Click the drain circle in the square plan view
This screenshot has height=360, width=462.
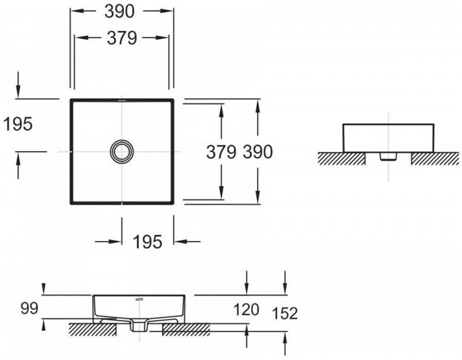coord(122,152)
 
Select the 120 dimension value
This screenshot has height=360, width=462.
coord(247,310)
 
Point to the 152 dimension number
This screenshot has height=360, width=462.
coord(285,313)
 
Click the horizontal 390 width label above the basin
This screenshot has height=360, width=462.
coord(122,11)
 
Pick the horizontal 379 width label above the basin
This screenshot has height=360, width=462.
coord(122,38)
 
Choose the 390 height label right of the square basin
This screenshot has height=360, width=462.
coord(257,152)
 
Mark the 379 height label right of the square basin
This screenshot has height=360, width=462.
coord(222,152)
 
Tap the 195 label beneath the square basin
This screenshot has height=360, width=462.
coord(148,242)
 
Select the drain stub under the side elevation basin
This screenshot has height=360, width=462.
coord(388,156)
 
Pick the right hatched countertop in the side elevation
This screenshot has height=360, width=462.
coord(434,158)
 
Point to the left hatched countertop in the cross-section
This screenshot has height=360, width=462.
coord(92,329)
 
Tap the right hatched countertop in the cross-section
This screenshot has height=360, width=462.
coord(186,329)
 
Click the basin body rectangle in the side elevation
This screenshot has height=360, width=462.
coord(388,137)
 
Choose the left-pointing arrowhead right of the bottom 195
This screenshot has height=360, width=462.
coord(179,242)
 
